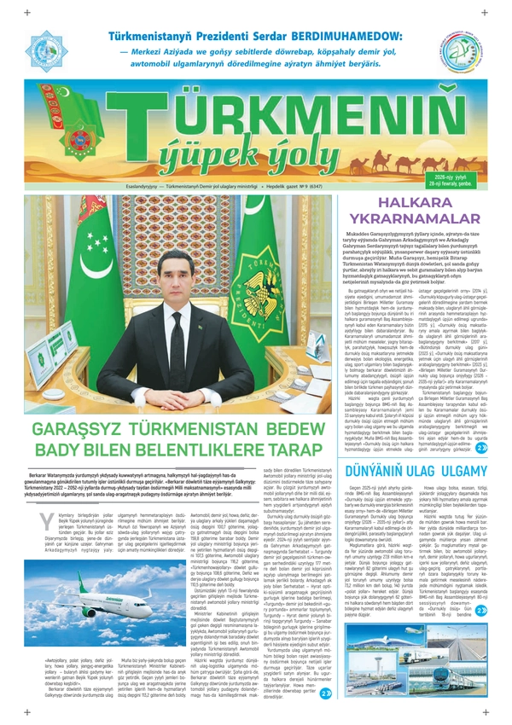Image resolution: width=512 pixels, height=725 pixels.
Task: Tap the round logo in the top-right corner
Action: [x=463, y=53]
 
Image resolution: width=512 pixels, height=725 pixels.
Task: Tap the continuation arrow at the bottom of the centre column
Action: [x=325, y=693]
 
